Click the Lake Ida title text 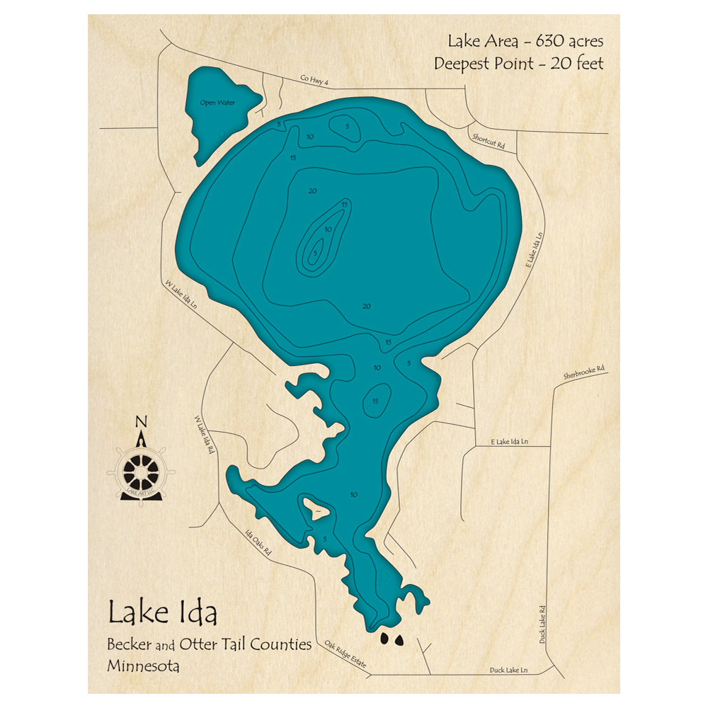tap(162, 613)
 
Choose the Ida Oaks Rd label tap(258, 542)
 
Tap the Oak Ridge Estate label tap(346, 654)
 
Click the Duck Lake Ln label tap(510, 670)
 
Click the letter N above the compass tap(141, 424)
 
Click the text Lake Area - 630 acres tap(518, 42)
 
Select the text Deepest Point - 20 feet tap(518, 63)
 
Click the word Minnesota tap(144, 666)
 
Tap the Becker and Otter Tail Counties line tap(210, 644)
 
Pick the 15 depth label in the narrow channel tap(376, 401)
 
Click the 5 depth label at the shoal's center tap(315, 252)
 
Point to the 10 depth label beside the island tap(353, 494)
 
